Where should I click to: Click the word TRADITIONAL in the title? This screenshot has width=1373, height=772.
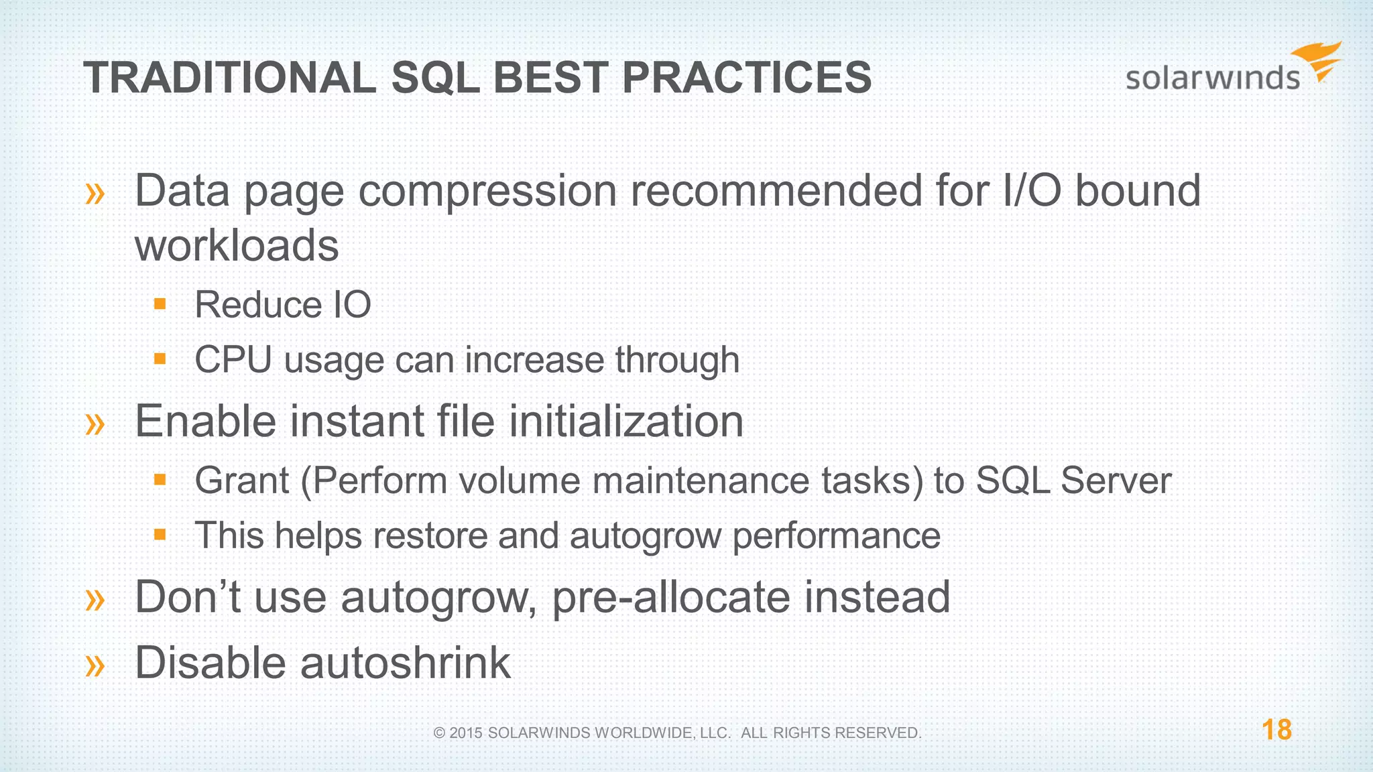[230, 78]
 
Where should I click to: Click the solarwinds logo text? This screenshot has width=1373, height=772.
[1212, 78]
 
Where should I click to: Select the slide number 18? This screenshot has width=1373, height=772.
[1276, 730]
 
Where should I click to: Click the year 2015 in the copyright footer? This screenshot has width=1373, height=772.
[466, 733]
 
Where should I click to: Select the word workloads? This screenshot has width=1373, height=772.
[237, 245]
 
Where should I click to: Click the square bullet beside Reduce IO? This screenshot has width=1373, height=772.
[160, 304]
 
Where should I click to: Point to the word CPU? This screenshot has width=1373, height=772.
[233, 360]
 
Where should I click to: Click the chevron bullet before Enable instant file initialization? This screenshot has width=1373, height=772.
[95, 424]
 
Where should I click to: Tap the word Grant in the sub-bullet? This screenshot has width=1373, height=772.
[242, 481]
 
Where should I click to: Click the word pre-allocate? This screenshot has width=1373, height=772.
[670, 597]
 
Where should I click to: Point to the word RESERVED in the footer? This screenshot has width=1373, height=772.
[880, 733]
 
